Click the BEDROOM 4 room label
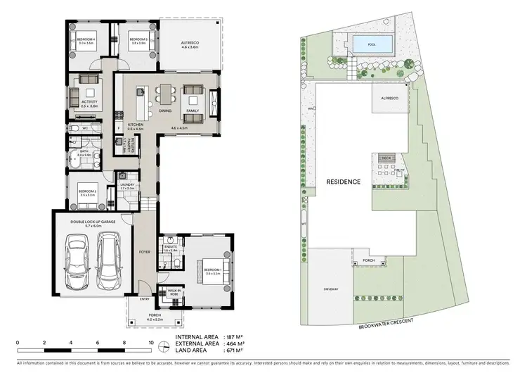click(86, 40)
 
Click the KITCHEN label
click(135, 125)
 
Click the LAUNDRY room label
click(127, 185)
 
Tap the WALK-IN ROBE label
click(175, 291)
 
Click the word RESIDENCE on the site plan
click(344, 182)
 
